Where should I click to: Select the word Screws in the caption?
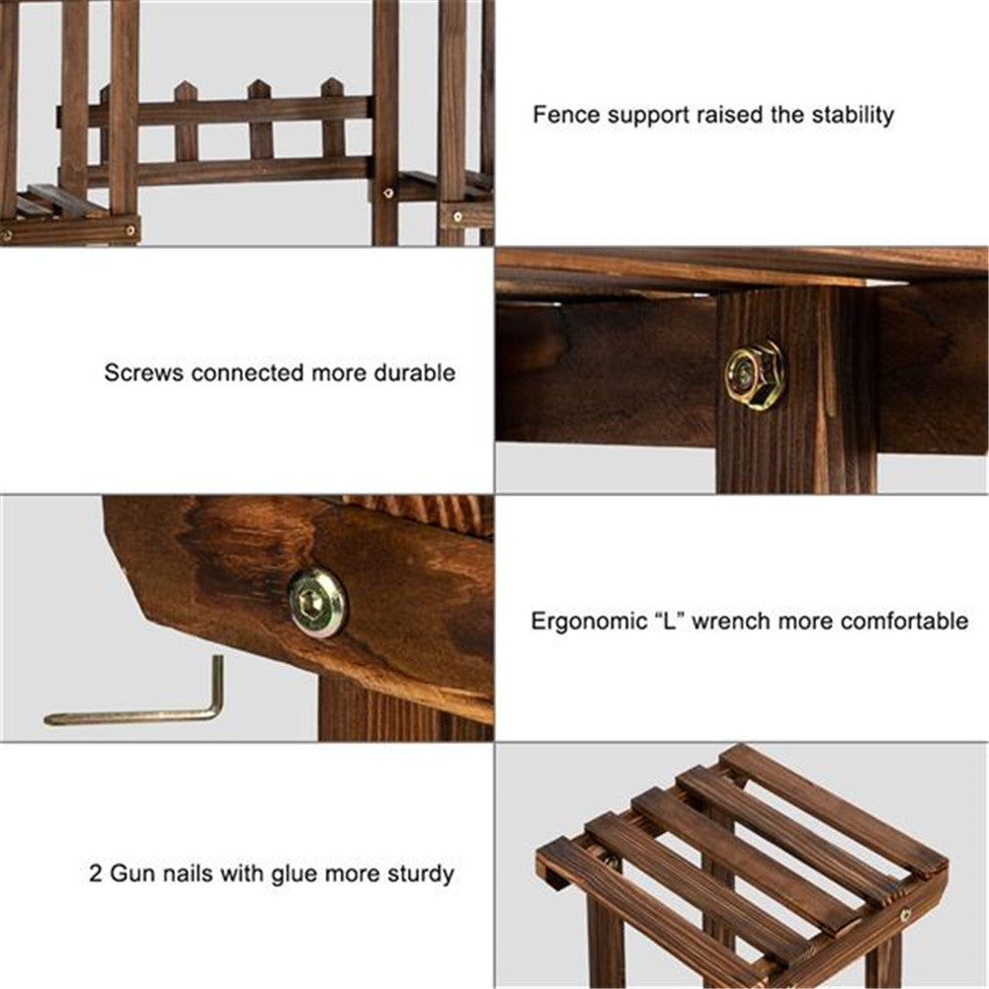point(144,372)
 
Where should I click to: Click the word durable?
point(414,372)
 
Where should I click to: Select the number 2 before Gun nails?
point(95,874)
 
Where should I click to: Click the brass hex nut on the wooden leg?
point(754,375)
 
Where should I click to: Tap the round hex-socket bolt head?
point(317,603)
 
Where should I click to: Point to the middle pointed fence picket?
point(259,120)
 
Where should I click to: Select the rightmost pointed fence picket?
point(332,119)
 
